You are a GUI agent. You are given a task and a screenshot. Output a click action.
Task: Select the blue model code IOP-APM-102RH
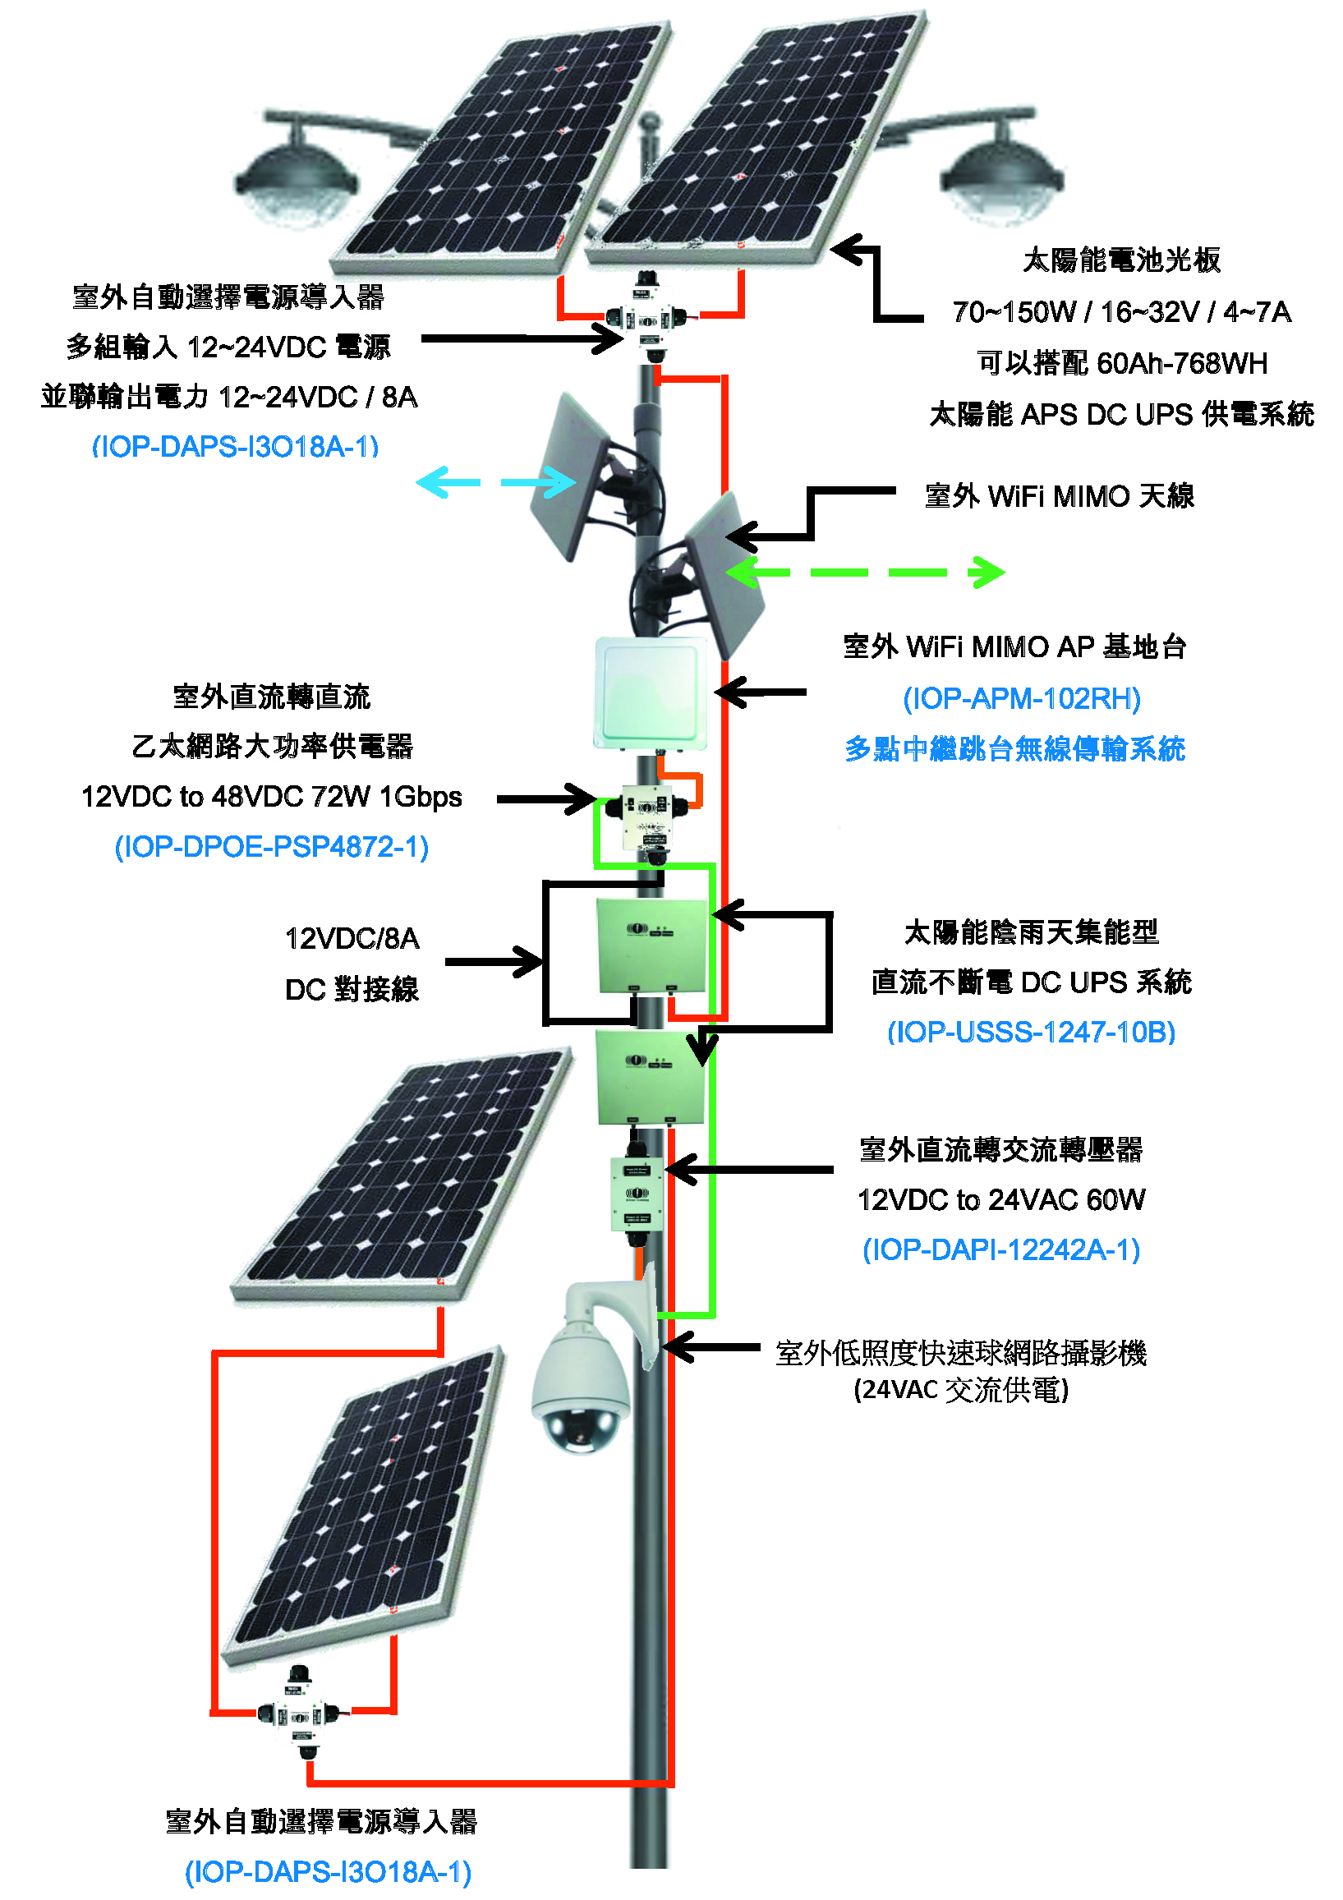pos(1021,698)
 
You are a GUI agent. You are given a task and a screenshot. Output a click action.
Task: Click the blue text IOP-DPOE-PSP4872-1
pos(271,847)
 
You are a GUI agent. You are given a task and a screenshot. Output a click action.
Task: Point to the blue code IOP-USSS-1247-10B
pos(1031,1032)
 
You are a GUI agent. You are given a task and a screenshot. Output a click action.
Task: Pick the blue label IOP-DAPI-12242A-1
pos(1001,1249)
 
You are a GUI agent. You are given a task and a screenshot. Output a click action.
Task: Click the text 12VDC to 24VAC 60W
pos(1001,1199)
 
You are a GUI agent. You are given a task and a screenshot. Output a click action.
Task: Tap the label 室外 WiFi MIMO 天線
pos(1059,496)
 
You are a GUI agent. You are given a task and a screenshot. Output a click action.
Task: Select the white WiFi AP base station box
pos(651,693)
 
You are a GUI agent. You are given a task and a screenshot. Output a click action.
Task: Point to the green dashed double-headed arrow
pos(865,572)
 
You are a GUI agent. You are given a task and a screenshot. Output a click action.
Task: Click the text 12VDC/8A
pos(352,938)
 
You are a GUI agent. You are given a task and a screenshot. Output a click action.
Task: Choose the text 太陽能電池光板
pos(1121,260)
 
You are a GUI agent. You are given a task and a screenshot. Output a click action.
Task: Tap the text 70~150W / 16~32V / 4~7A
pos(1121,312)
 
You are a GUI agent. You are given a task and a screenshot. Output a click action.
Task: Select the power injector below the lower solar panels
pos(300,1710)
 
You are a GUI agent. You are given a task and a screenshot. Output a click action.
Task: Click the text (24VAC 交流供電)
pos(961,1390)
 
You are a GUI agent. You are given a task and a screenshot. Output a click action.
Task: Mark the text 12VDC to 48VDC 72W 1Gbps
pos(271,797)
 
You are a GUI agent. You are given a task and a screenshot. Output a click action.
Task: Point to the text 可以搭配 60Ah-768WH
pos(1121,363)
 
